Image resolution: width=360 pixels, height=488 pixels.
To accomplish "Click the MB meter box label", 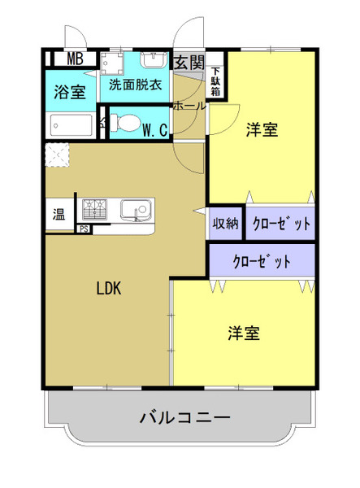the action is [x=76, y=59].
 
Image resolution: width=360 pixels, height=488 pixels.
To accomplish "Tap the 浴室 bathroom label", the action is [x=70, y=92].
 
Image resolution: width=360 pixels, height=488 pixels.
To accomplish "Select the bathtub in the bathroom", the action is [x=72, y=125].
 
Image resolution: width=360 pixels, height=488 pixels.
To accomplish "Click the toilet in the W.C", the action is [x=125, y=123].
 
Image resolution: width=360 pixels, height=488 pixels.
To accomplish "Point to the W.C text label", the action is [x=155, y=130].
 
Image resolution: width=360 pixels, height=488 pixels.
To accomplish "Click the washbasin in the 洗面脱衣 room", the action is [x=154, y=60].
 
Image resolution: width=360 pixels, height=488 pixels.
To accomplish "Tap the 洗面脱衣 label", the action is [x=135, y=85].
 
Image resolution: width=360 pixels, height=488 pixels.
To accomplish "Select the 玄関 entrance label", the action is [x=189, y=63].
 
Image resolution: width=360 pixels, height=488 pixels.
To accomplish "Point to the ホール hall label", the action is [x=189, y=106].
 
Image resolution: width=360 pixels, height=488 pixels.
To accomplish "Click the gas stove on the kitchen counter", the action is [x=94, y=210].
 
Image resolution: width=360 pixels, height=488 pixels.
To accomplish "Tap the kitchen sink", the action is [x=137, y=210].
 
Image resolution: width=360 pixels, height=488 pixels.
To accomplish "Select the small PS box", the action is [x=84, y=229].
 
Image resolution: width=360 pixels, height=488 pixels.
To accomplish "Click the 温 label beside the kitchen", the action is [x=59, y=214].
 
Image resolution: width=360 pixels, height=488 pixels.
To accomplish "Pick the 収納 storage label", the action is [x=225, y=223].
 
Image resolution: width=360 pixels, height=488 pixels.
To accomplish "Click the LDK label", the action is [x=109, y=288].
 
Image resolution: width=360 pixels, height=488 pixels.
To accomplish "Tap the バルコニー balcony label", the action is [x=185, y=417].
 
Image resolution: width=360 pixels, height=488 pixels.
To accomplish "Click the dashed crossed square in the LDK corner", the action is [x=57, y=155].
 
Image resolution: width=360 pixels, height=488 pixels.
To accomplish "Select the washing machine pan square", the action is [x=111, y=63].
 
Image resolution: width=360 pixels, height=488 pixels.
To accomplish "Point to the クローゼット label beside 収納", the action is [x=281, y=223].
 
